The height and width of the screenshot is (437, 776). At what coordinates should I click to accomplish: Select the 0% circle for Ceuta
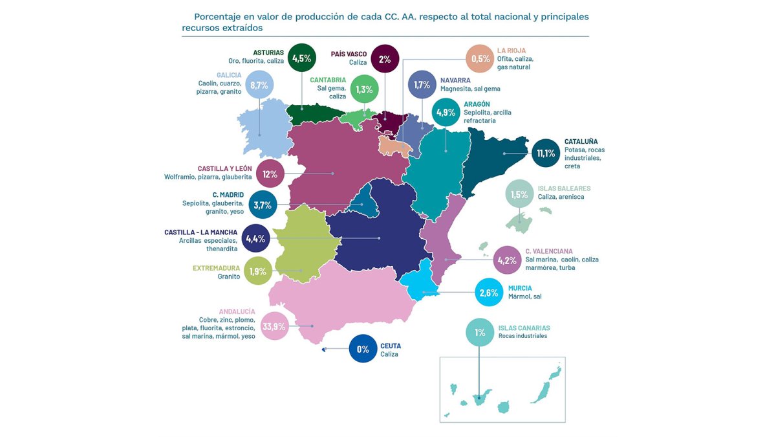(363, 349)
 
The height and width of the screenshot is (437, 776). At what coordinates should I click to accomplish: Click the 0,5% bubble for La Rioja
(480, 59)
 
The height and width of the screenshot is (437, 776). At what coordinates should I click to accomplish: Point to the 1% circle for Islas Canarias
(480, 333)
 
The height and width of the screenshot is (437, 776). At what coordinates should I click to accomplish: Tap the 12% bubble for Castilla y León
(270, 174)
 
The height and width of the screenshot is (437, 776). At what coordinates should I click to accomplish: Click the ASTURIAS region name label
(268, 52)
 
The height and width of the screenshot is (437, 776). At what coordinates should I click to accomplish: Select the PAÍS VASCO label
(349, 54)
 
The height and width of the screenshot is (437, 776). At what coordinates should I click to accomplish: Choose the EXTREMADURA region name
(216, 268)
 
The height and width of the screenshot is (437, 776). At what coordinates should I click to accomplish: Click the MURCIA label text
(520, 288)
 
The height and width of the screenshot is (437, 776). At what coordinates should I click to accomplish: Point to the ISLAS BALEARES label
(564, 188)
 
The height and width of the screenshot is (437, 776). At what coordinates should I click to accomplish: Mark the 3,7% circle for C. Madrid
(263, 205)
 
